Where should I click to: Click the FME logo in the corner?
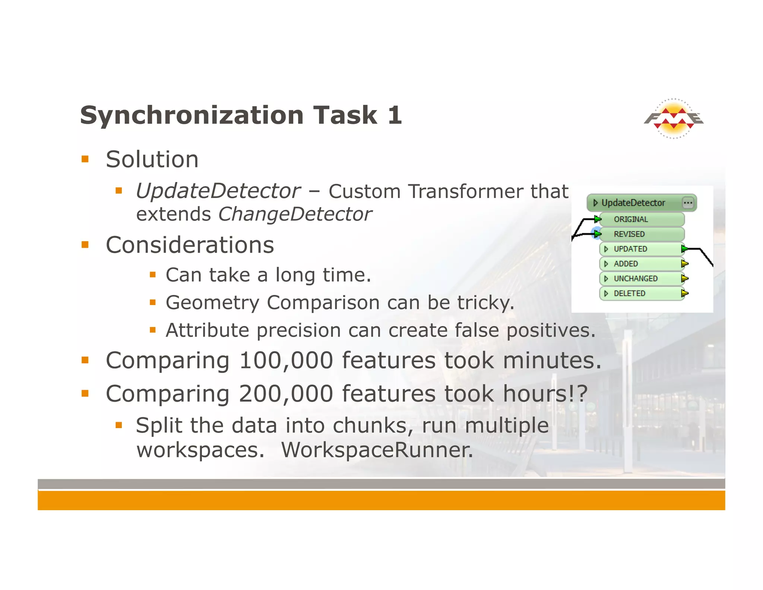674,119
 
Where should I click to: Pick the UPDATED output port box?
642,249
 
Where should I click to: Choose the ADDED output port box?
642,264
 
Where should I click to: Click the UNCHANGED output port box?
642,279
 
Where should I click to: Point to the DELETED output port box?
642,294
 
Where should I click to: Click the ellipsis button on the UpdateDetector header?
688,203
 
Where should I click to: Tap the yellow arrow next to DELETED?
684,294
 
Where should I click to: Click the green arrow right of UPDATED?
684,249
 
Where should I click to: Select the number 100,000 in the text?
286,360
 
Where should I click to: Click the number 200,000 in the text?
286,394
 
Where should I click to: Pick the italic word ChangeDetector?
295,214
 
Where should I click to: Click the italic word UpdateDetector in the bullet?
218,191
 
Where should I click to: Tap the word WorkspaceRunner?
377,450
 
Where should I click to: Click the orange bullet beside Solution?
85,159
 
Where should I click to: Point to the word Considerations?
190,245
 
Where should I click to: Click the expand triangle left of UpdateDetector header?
595,203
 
